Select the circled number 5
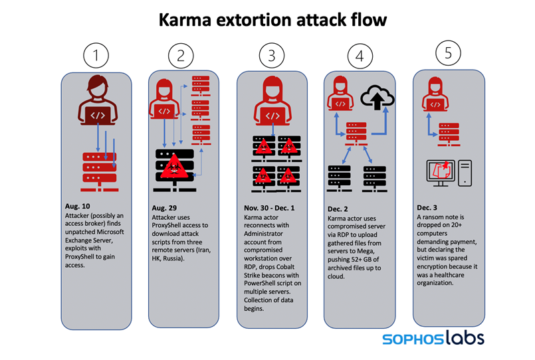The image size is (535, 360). click(x=448, y=54)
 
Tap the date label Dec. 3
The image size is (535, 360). click(x=429, y=207)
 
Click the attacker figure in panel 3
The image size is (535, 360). click(x=271, y=102)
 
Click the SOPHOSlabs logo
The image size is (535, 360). click(x=433, y=338)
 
